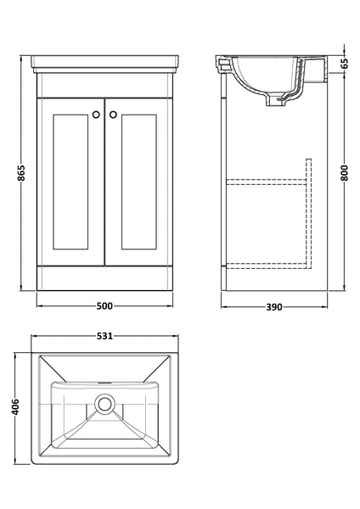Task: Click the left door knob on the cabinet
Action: [97, 115]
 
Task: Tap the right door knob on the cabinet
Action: [112, 115]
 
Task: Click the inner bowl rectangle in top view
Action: [105, 420]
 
